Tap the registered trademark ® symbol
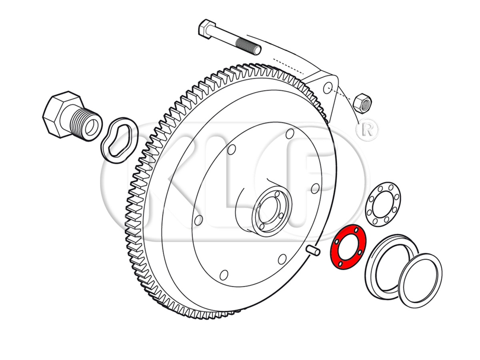[367, 130]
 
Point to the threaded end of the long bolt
[249, 46]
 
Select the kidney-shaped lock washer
[119, 140]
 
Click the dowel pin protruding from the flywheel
[313, 251]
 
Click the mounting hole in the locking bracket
[327, 88]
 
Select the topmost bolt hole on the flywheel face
[290, 134]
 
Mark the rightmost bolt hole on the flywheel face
[315, 188]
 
